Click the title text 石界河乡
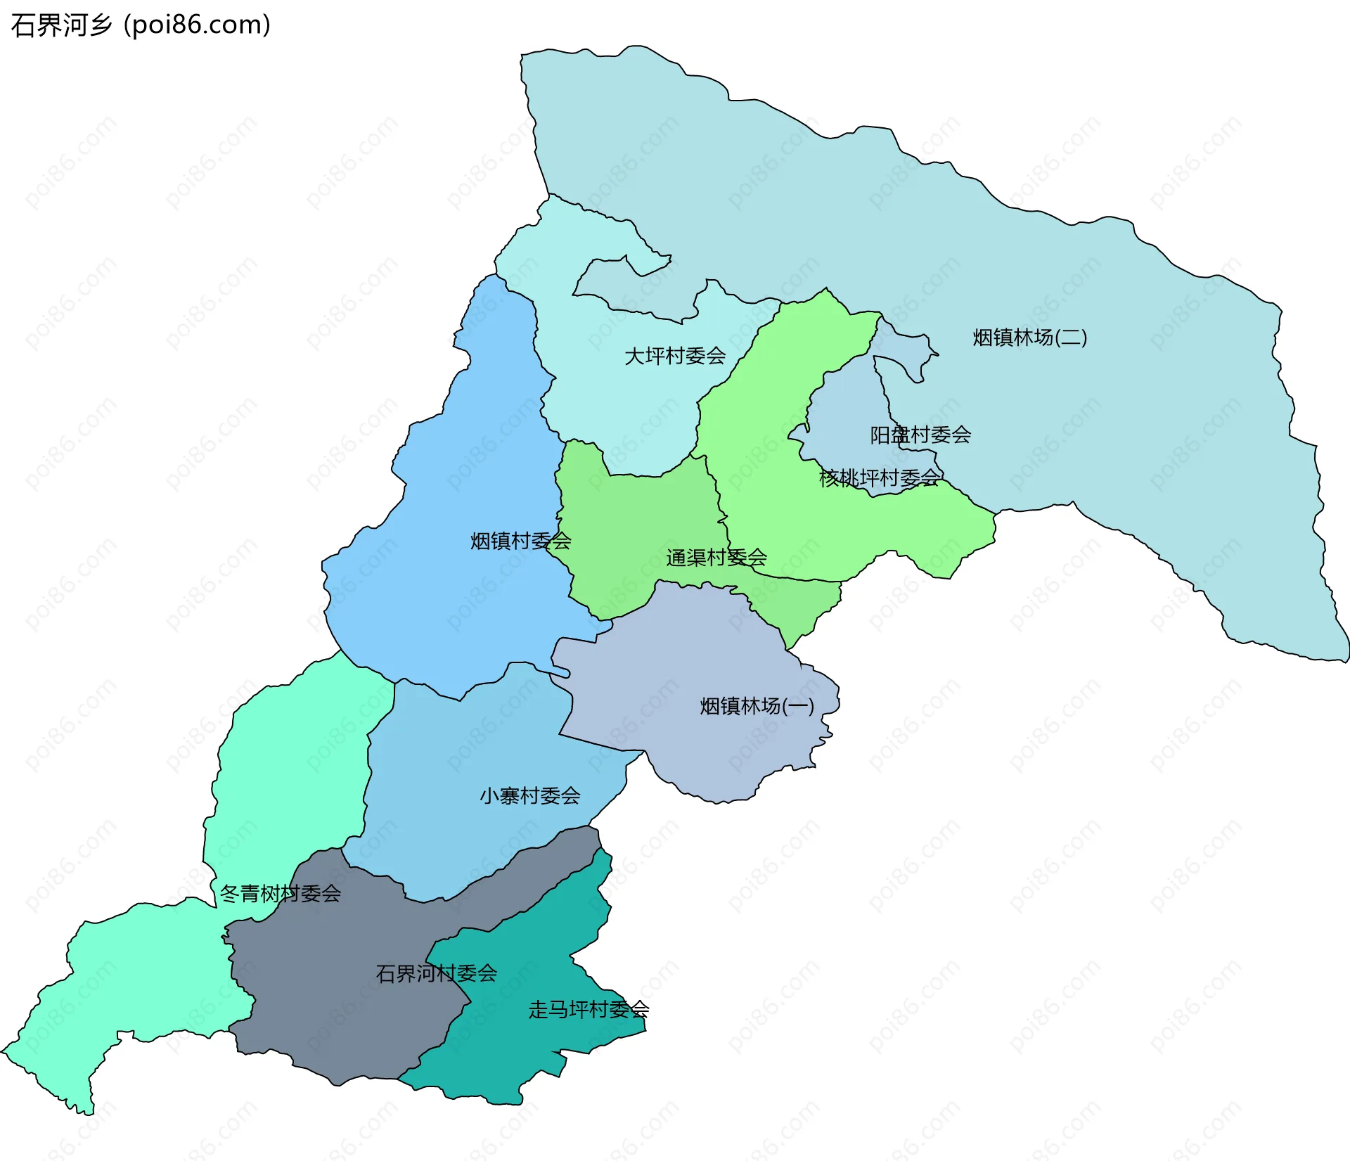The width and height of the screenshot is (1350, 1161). pos(62,25)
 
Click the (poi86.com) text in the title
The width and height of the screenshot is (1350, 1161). pos(197,25)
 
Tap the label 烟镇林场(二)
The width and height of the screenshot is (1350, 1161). pos(1029,338)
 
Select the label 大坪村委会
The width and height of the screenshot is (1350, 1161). pos(675,356)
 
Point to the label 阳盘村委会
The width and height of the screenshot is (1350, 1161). pos(920,435)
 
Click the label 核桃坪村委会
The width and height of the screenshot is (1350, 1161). pos(880,478)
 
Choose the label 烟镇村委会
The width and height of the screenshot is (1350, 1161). pos(520,541)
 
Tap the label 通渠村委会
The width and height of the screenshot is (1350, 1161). pos(716,558)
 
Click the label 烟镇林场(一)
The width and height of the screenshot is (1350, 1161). pos(757,706)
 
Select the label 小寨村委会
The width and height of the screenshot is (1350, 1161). pos(529,796)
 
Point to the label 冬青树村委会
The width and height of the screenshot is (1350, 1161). pos(280,894)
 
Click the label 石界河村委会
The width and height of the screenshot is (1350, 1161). pos(436,973)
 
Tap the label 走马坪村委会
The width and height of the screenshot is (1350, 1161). pos(589,1010)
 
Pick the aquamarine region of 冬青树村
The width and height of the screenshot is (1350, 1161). pos(288,774)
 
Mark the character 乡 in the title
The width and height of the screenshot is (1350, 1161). pos(101,25)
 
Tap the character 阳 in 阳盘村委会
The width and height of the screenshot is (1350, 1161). pos(880,435)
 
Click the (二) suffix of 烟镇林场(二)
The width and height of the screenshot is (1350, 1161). pos(1071,338)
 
